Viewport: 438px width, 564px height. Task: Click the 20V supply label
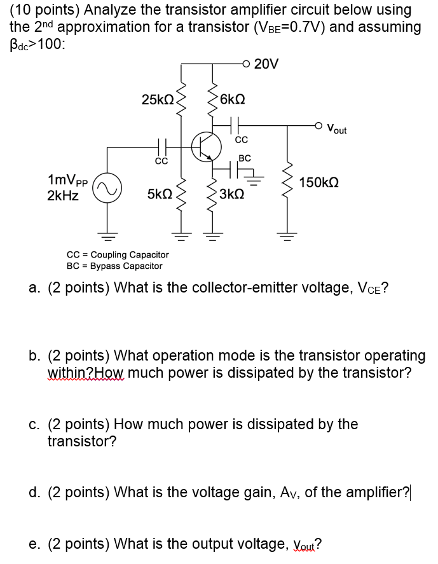[x=266, y=64]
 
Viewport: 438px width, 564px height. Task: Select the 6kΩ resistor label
[x=231, y=99]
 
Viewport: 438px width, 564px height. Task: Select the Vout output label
[x=337, y=130]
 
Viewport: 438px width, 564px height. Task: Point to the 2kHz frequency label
[x=63, y=196]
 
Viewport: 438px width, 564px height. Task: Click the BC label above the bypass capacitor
[x=245, y=158]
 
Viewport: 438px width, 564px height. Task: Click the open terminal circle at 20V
[x=245, y=64]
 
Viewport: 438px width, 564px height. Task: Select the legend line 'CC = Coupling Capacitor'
[x=118, y=254]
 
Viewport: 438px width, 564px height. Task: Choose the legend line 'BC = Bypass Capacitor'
[x=114, y=266]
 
